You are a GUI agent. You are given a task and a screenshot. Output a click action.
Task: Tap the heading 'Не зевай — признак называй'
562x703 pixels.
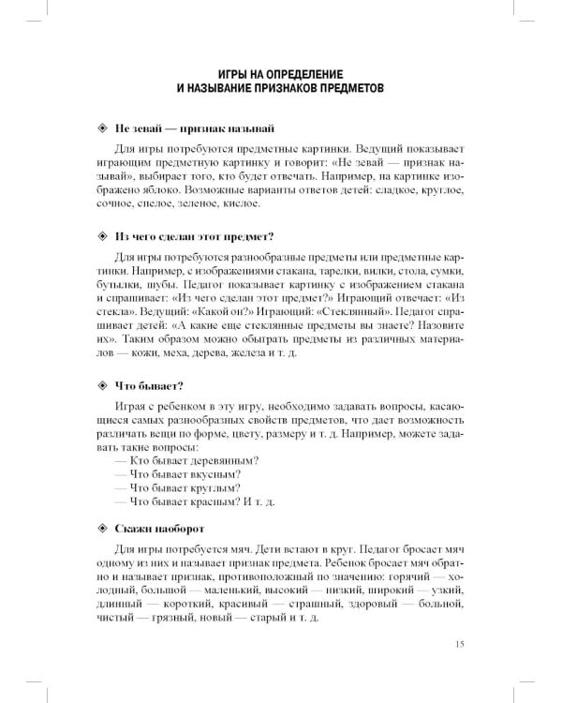(194, 127)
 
